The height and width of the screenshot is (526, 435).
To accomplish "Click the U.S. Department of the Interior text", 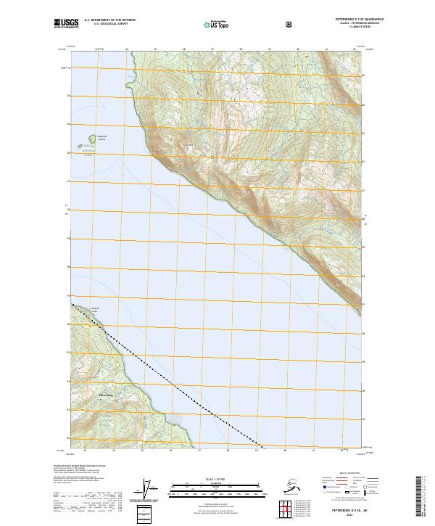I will pyautogui.click(x=109, y=20).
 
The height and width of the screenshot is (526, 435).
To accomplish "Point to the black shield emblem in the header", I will pyautogui.click(x=290, y=24).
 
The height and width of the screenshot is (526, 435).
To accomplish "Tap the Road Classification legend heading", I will pyautogui.click(x=345, y=472).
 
